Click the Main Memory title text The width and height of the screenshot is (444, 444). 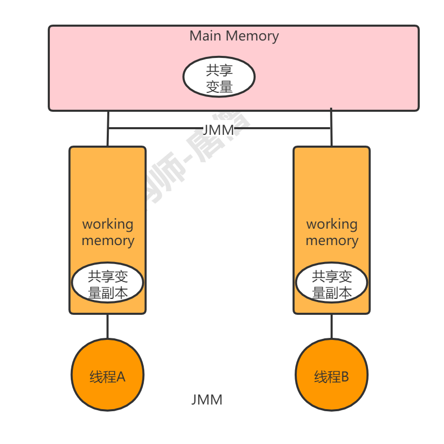234,36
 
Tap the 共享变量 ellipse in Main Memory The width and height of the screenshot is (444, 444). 219,77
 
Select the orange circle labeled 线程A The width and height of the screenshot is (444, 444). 107,375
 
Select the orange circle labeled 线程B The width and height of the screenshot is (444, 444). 332,375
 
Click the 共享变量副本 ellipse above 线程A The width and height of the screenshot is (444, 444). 107,284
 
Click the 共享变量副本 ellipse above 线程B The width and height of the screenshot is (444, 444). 332,284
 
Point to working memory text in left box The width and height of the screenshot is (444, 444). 108,232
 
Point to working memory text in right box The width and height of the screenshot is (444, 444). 332,232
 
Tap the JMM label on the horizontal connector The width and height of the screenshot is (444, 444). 218,130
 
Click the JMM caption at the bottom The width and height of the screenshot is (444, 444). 207,400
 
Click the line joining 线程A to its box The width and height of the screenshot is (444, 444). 107,326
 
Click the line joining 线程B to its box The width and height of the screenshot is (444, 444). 332,326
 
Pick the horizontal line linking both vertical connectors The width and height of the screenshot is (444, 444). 154,128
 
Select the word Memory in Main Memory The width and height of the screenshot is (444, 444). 252,36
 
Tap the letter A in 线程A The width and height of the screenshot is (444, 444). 121,377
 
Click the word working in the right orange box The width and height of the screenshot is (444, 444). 332,224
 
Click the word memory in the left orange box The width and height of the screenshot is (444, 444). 108,240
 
